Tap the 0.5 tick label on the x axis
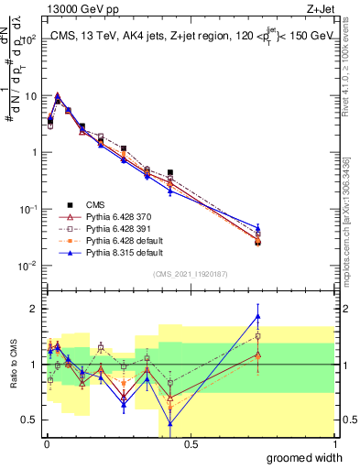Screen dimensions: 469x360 191,443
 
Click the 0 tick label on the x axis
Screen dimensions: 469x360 47,443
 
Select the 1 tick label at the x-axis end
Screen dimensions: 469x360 334,443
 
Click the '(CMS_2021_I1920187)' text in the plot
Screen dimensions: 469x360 191,273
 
